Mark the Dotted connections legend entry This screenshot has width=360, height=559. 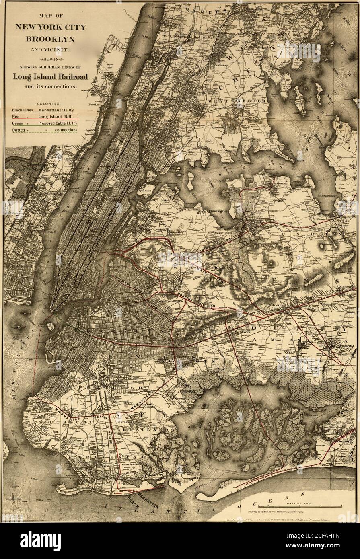pyautogui.click(x=44, y=130)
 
